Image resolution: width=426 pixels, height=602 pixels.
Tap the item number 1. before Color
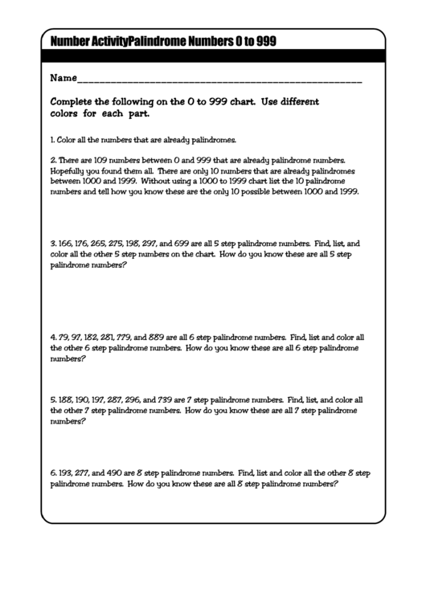tap(52, 139)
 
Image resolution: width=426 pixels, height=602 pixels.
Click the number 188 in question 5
tap(65, 399)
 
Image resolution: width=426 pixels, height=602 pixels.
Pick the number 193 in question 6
tap(65, 474)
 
